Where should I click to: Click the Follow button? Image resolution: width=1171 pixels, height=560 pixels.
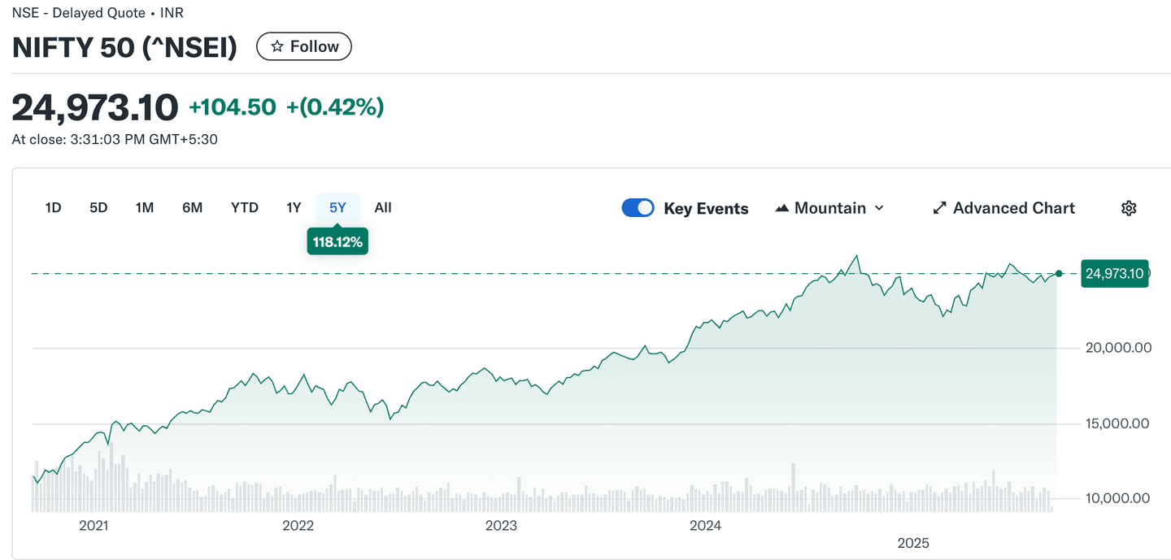point(304,46)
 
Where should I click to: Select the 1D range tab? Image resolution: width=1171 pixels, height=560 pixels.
point(53,208)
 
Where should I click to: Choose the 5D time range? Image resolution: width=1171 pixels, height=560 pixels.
point(98,208)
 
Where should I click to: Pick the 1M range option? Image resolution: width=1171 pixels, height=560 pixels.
point(145,208)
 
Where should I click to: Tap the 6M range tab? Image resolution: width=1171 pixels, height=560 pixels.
point(192,208)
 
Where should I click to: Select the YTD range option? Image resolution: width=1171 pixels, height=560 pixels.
point(245,208)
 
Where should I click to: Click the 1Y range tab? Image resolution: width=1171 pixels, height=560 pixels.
point(294,208)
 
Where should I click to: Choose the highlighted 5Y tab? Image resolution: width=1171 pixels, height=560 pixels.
point(337,208)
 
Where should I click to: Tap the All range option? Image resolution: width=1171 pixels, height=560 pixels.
point(383,208)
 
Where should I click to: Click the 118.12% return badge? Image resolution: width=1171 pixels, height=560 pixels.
point(337,241)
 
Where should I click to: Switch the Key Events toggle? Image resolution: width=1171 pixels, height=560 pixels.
point(638,208)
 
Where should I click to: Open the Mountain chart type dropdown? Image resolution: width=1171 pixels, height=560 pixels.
point(829,208)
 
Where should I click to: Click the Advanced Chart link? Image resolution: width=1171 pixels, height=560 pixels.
point(1003,208)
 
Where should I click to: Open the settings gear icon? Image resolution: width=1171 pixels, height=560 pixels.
point(1129,208)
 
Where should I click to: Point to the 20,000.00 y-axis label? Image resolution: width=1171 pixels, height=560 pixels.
point(1118,348)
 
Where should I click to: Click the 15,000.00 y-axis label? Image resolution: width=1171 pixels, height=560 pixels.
point(1118,423)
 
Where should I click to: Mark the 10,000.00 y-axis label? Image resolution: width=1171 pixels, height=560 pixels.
point(1118,498)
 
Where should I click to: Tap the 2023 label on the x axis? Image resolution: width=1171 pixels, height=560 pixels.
point(501,526)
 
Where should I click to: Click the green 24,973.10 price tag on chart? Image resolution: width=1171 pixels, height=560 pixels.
point(1114,274)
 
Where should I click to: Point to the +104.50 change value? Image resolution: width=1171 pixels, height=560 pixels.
point(233,107)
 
